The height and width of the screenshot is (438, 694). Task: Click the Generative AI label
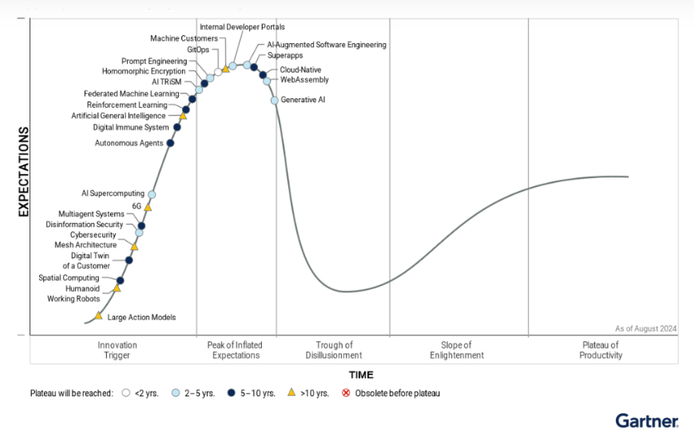click(303, 100)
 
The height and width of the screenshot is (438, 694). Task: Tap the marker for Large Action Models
click(99, 317)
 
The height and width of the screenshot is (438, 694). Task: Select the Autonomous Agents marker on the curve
click(170, 143)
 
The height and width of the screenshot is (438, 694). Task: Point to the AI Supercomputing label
click(113, 193)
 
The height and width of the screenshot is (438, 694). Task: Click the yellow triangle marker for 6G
click(148, 207)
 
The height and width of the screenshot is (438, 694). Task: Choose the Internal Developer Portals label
click(242, 27)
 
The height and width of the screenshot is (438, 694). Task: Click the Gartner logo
click(647, 420)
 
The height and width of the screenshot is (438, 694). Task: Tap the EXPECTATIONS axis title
click(23, 171)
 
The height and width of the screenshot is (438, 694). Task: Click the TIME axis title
click(360, 375)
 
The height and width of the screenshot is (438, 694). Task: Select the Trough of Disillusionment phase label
click(333, 350)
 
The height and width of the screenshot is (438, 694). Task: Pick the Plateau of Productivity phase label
click(601, 350)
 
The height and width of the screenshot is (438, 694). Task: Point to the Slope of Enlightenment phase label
click(457, 350)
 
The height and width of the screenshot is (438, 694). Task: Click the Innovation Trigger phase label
click(117, 350)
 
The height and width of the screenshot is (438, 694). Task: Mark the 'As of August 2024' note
click(645, 328)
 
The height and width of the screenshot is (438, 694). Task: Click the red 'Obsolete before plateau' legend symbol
click(346, 393)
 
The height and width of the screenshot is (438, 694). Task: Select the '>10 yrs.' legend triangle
click(291, 392)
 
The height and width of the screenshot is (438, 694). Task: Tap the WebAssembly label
click(304, 80)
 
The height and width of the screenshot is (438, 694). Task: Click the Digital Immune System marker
click(177, 127)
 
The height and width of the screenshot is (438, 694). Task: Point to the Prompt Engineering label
click(154, 61)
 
